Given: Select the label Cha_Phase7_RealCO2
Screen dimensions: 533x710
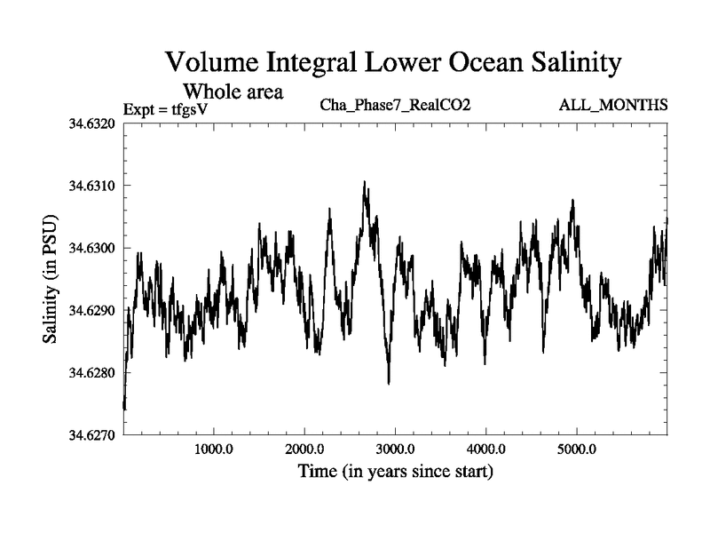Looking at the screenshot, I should click(x=394, y=106).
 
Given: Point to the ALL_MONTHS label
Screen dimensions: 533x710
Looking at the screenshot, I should click(x=612, y=106).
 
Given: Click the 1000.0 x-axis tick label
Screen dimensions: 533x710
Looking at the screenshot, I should click(x=213, y=449).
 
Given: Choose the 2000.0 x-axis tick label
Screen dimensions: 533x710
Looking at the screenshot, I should click(x=304, y=449).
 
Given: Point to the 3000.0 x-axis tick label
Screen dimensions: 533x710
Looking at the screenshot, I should click(x=395, y=449).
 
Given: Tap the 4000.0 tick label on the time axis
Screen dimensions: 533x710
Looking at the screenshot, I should click(x=485, y=449).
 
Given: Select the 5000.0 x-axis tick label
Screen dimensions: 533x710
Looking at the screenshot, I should click(x=576, y=449).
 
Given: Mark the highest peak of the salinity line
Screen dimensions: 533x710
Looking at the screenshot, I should click(x=364, y=182).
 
